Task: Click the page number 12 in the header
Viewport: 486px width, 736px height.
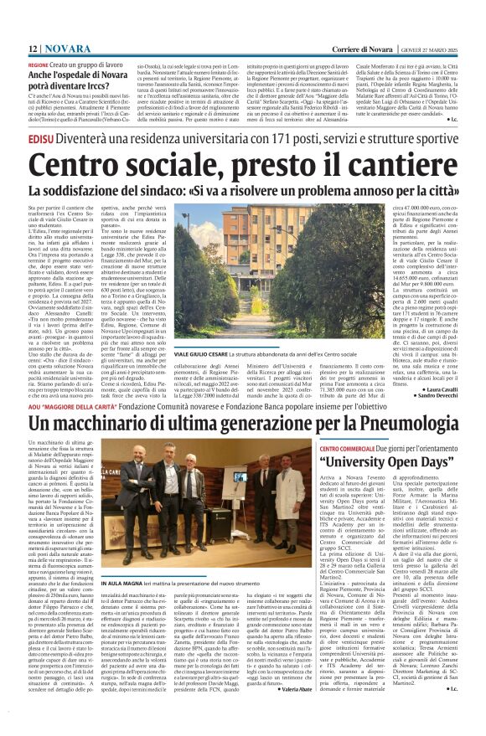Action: [x=34, y=49]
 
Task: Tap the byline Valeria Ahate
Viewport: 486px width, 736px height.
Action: [x=285, y=713]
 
